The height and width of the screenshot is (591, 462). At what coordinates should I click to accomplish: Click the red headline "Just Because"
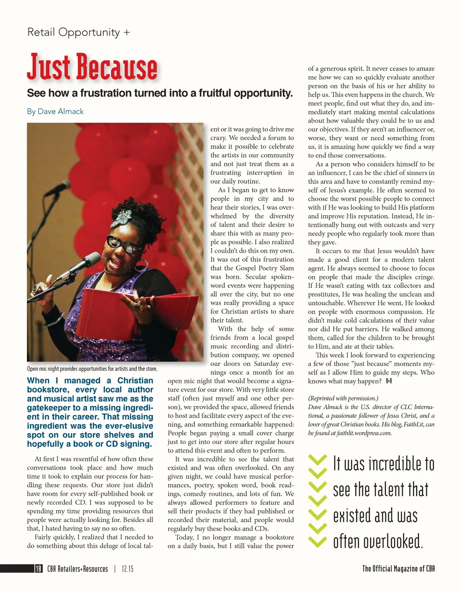point(92,67)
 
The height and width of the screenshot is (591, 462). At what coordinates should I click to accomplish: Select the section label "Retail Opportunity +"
point(79,32)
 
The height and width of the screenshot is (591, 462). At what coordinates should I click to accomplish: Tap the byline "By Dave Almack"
point(55,111)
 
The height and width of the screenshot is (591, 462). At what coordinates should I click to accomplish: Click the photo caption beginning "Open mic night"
point(92,369)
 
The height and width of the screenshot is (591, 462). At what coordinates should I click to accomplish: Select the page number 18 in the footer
point(39,569)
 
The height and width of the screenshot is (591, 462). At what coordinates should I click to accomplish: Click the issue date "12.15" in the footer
point(128,569)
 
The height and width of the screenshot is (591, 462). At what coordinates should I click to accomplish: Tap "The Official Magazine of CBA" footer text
point(398,569)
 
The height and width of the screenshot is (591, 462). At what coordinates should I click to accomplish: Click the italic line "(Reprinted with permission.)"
point(343,398)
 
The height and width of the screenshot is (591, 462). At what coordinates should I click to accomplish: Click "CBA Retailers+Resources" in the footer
point(78,569)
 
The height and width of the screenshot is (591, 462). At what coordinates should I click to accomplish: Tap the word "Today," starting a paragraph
point(185,537)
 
